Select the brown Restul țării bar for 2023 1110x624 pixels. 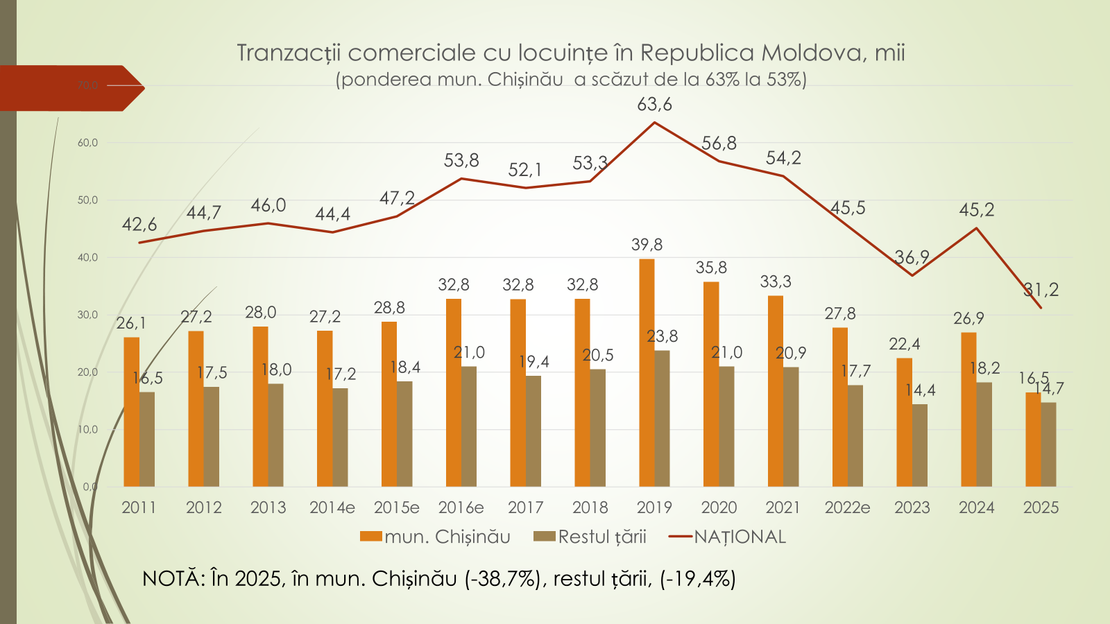point(920,445)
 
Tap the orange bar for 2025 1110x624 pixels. point(1033,440)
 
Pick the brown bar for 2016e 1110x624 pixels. point(469,426)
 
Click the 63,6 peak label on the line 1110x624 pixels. point(654,105)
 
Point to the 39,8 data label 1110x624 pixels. point(647,245)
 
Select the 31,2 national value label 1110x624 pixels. point(1041,290)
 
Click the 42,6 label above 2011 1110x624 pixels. point(139,225)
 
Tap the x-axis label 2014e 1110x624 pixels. point(332,508)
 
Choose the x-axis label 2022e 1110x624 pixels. point(847,508)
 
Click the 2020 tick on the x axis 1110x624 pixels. point(719,508)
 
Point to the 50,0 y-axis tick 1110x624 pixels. point(87,200)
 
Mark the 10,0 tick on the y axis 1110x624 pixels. point(87,430)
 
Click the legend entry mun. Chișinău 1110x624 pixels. point(447,537)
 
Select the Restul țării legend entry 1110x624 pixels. point(601,537)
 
